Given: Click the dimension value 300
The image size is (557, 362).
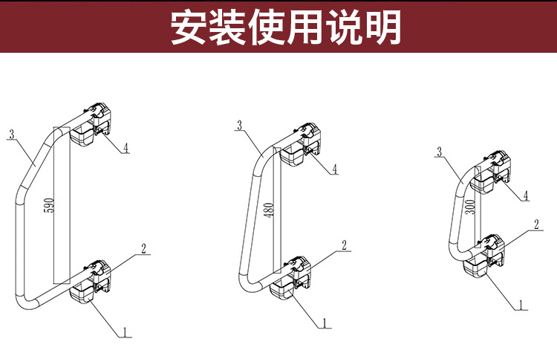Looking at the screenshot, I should [x=469, y=207].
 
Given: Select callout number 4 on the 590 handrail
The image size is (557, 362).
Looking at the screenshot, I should [x=126, y=147].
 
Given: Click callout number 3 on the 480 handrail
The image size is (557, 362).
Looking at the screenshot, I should [x=239, y=126].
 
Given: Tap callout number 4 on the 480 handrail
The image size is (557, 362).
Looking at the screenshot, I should [x=335, y=169].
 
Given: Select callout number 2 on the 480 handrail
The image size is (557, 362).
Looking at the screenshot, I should [x=345, y=245].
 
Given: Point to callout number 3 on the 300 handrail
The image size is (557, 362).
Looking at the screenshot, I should [x=440, y=152].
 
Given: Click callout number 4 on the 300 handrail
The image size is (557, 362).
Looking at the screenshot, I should [x=526, y=195].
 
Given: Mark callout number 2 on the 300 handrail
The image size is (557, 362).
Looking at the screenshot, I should [x=536, y=224].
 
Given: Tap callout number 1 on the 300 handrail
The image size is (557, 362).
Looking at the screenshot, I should [x=521, y=304].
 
